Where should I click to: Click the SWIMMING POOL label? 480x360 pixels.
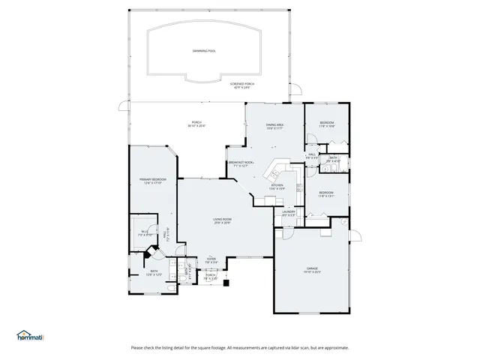coord(203,51)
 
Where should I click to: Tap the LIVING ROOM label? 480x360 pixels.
coord(223,219)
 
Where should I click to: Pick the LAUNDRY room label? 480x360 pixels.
coord(289,211)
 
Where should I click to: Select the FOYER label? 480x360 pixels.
coord(211,259)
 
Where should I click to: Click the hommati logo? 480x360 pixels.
coord(30,335)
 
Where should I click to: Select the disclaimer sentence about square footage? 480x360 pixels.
coord(240,347)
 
